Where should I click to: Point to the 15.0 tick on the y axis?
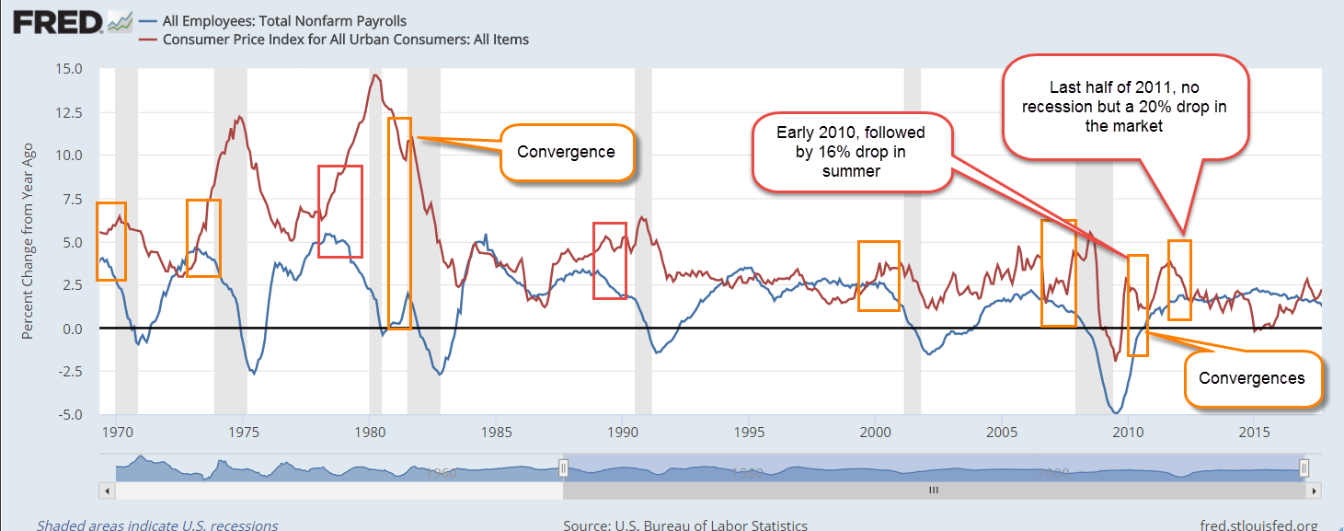click(68, 69)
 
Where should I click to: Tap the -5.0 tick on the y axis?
click(68, 415)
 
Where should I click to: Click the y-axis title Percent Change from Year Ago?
click(28, 241)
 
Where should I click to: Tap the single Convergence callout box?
click(567, 152)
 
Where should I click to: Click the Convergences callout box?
click(1251, 377)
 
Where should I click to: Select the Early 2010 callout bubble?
click(851, 152)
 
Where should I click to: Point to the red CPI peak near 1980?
click(374, 75)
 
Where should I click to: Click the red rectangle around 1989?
click(609, 260)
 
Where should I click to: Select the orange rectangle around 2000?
click(879, 275)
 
